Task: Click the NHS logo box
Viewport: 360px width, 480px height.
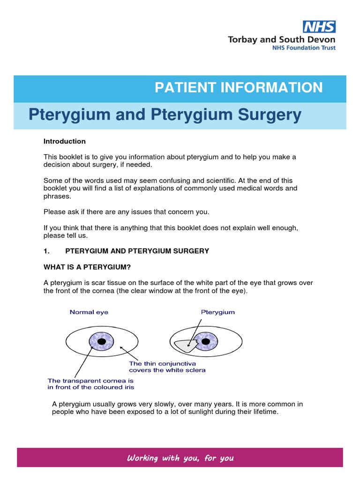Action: [319, 27]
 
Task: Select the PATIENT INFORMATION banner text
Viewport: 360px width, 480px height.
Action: [239, 87]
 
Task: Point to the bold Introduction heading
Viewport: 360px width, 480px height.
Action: [65, 141]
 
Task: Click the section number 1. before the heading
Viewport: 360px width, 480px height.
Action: [46, 251]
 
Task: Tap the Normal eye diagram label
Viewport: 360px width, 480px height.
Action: [89, 312]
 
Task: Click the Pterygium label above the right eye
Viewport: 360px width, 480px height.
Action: [218, 312]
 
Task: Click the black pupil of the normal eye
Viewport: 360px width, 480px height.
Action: [102, 341]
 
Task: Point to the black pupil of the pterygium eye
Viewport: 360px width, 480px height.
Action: [206, 341]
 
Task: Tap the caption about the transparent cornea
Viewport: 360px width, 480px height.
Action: [90, 384]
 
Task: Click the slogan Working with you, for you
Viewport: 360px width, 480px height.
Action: [180, 458]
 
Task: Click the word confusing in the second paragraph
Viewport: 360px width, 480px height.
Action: [174, 180]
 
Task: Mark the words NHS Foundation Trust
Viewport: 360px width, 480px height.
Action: [305, 48]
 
